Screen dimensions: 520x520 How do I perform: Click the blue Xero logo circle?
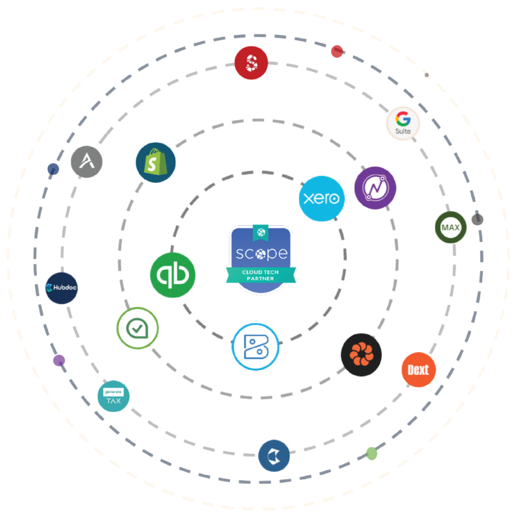coord(321,198)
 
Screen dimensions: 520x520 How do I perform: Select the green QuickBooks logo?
coord(173,275)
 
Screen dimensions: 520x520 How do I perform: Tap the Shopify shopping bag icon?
coord(155,162)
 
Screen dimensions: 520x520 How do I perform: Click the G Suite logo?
coord(403,123)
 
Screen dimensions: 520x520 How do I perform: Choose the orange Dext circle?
coord(419,370)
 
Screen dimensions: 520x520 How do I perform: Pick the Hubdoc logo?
coord(62,288)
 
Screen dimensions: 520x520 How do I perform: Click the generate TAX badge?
coord(113,396)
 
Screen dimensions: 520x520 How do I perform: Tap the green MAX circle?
coord(451,227)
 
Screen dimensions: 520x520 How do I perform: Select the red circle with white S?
coord(251,63)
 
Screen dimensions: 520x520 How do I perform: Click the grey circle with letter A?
coord(86,162)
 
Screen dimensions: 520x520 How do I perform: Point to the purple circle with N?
coord(375,188)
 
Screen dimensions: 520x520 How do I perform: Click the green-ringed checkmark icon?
coord(137,328)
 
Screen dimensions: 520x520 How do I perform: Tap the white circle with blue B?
coord(255,347)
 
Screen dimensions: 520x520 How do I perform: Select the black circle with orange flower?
coord(361,355)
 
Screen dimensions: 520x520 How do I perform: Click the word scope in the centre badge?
coord(261,254)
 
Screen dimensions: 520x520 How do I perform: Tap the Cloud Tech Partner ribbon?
coord(261,275)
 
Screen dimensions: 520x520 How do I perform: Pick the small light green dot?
coord(371,453)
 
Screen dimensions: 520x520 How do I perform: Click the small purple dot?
coord(59,360)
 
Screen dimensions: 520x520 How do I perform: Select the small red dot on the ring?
coord(337,51)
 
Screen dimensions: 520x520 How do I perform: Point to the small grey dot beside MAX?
coord(477,219)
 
